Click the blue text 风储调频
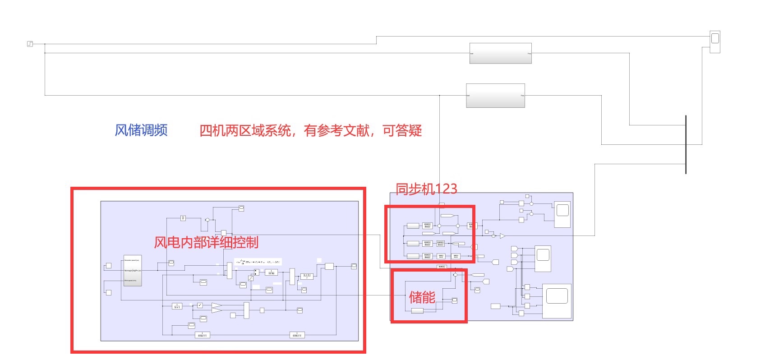[x=141, y=130]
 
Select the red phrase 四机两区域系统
[x=245, y=131]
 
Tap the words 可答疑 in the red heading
[x=402, y=131]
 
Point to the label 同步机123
[x=426, y=189]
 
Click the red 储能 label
[x=422, y=297]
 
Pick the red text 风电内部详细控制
[x=206, y=242]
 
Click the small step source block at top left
[x=30, y=44]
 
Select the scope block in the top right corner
[x=715, y=42]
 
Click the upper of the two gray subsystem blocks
[x=500, y=53]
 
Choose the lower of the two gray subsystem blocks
[x=495, y=95]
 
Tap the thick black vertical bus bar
[x=686, y=144]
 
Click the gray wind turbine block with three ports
[x=133, y=271]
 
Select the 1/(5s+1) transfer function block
[x=177, y=306]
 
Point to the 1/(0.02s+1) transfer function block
[x=203, y=335]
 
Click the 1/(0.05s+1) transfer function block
[x=297, y=335]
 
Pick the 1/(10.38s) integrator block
[x=271, y=273]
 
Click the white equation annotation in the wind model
[x=258, y=262]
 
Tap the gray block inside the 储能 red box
[x=417, y=311]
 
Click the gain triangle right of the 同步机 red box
[x=502, y=236]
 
